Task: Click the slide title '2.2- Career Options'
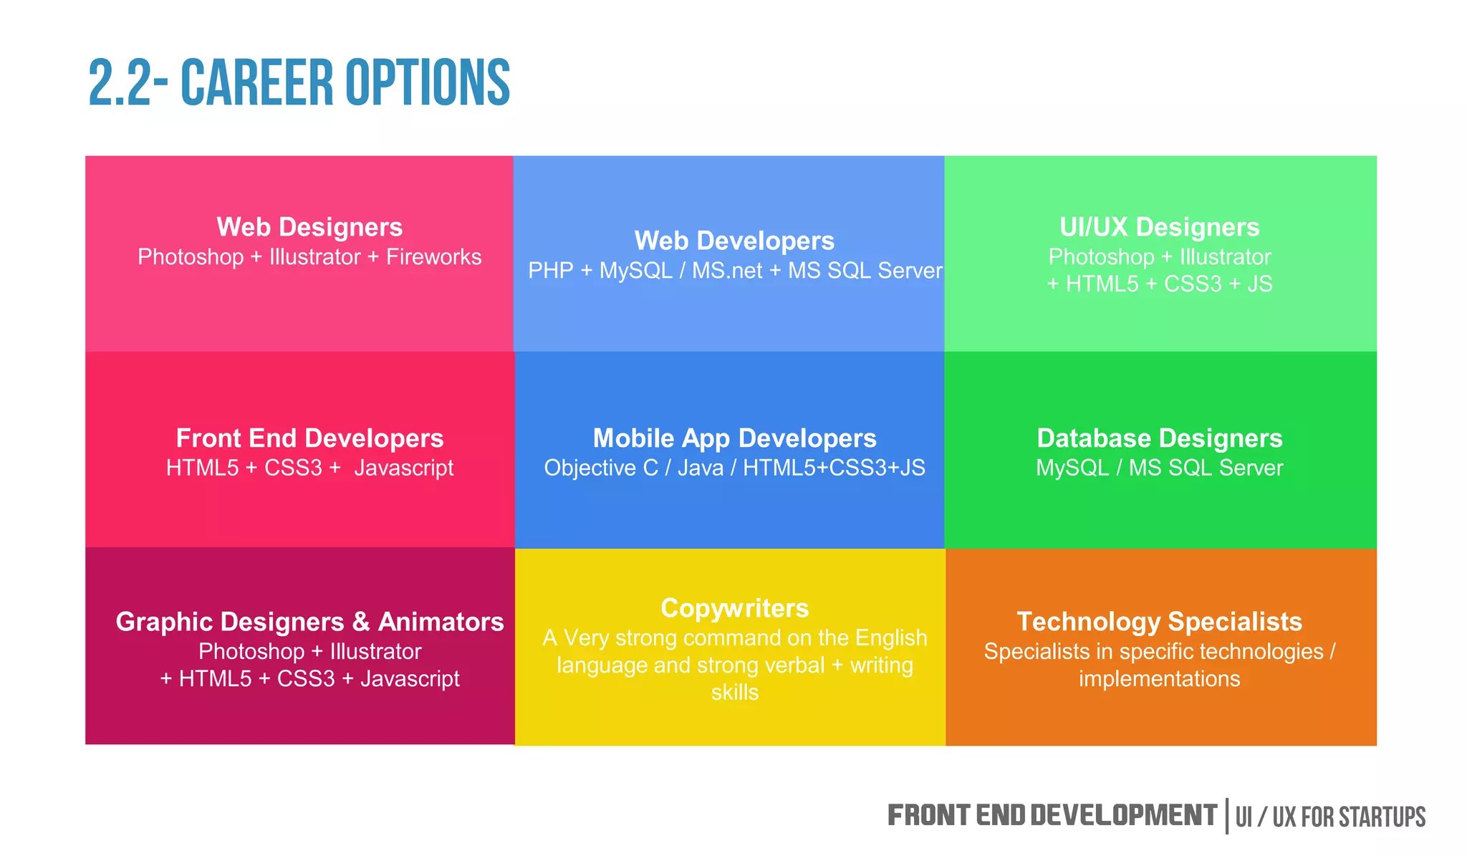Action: [299, 83]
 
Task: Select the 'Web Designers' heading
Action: [309, 227]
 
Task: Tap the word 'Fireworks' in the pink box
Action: [433, 257]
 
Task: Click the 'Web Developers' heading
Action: [734, 241]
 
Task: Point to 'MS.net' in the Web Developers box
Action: [726, 271]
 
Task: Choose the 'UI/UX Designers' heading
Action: [1159, 227]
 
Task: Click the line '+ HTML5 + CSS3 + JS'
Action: [1159, 284]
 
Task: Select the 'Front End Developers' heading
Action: [309, 438]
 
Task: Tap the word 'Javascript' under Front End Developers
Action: [403, 468]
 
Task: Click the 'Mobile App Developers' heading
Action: [734, 438]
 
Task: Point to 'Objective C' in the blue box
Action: [600, 468]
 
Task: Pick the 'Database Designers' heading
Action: [1159, 438]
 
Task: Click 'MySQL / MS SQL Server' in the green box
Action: [1159, 468]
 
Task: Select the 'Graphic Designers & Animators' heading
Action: [309, 622]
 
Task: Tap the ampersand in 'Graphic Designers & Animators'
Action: [361, 622]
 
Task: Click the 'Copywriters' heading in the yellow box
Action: [734, 608]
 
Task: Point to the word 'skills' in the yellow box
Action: [734, 693]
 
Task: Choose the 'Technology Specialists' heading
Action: [1159, 622]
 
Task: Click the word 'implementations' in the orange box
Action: [1159, 679]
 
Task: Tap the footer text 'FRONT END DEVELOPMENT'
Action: [1052, 816]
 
